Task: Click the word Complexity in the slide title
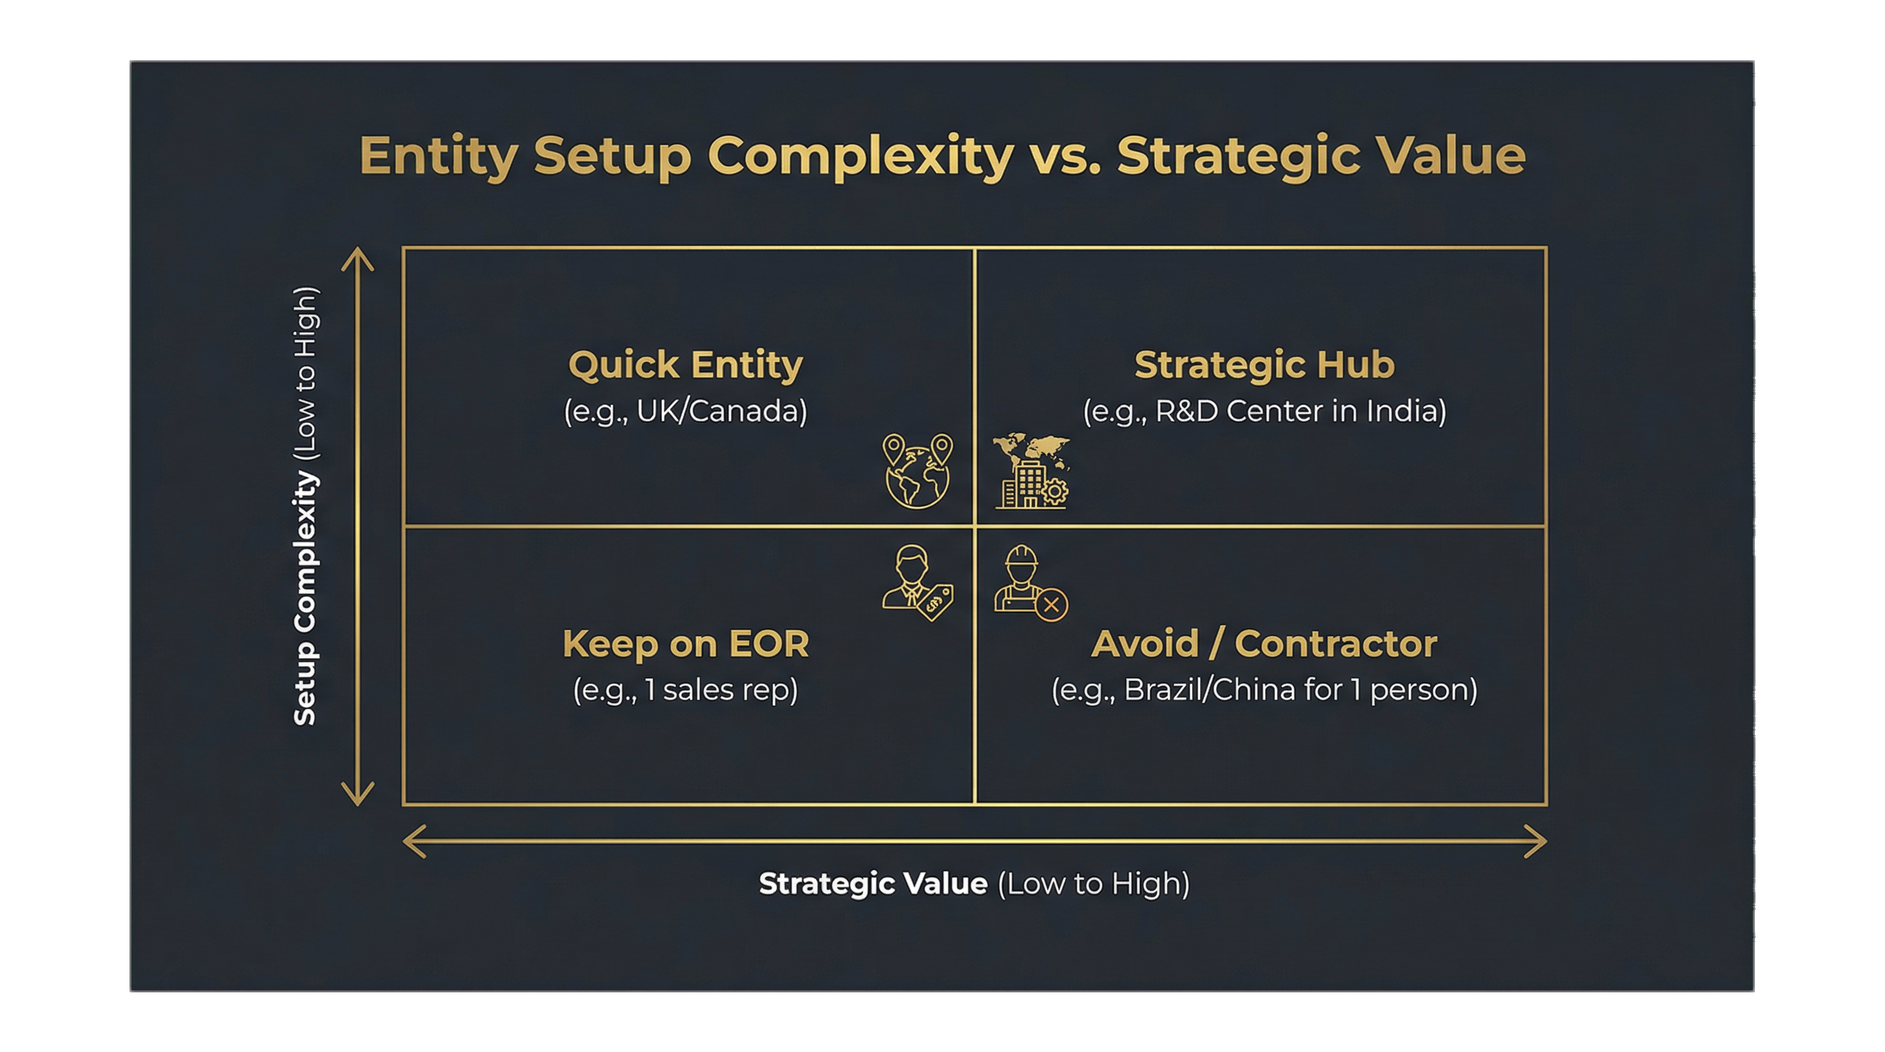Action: pos(860,157)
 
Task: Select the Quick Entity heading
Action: pos(686,364)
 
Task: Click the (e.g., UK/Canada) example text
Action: pos(686,411)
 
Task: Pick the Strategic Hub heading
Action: pos(1264,364)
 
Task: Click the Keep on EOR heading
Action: pos(686,644)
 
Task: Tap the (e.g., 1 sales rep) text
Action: pos(686,690)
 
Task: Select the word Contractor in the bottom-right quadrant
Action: pos(1336,644)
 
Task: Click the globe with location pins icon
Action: pos(918,472)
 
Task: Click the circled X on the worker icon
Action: pos(1051,605)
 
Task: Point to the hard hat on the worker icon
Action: pos(1021,557)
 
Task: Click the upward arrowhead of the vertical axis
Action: pos(357,256)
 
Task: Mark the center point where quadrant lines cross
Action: pos(975,526)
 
